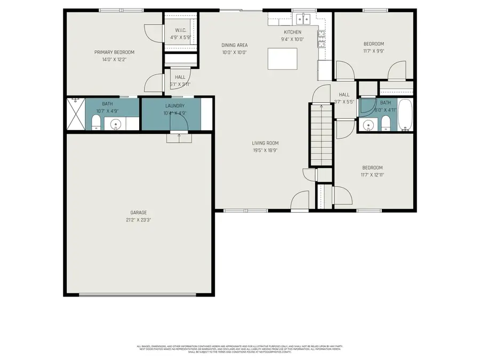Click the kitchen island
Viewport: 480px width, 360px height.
282,59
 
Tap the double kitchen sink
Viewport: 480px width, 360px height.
303,20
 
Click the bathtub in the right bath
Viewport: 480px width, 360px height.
405,115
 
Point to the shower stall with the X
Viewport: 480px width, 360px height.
75,113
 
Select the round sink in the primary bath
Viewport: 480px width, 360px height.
116,125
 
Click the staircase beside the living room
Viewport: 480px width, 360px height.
322,133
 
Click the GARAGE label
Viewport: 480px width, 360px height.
138,212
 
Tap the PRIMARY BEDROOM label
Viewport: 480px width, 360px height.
114,52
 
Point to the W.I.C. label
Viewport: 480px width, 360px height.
180,30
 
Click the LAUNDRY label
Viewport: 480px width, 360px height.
175,106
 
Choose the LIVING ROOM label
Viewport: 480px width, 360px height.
265,143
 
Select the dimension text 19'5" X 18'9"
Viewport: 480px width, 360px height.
265,150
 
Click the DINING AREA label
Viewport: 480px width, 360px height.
235,45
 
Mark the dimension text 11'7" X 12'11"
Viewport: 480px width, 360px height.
372,175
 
